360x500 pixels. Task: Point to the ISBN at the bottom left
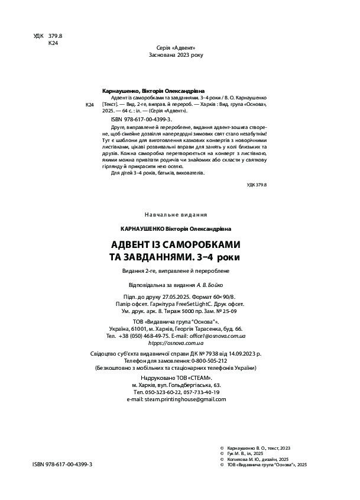pos(63,466)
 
